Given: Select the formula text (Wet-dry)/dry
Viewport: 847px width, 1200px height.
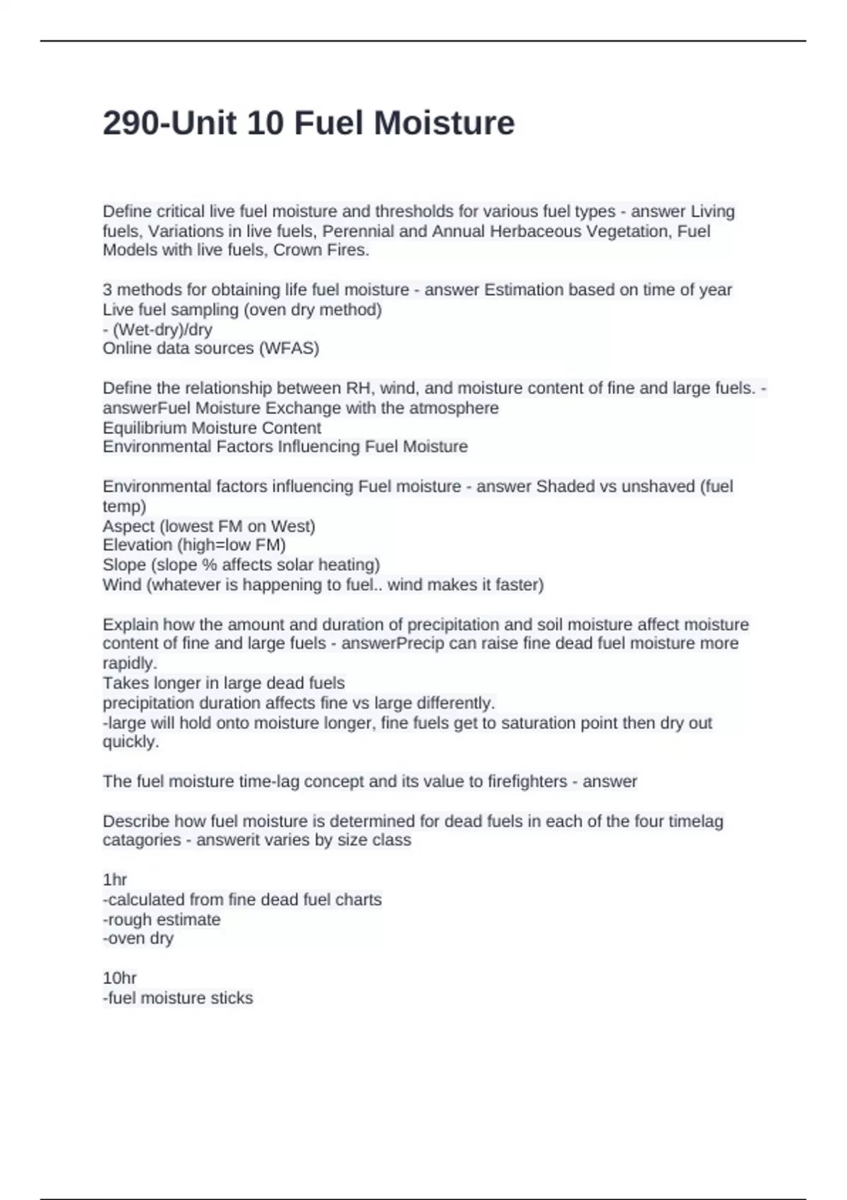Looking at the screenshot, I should point(162,329).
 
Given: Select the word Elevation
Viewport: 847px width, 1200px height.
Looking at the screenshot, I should point(137,545).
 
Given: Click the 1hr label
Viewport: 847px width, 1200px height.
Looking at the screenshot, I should point(115,880).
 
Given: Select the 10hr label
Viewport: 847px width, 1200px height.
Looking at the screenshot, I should point(120,978).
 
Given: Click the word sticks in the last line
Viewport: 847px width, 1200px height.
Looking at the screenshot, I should point(232,998).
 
